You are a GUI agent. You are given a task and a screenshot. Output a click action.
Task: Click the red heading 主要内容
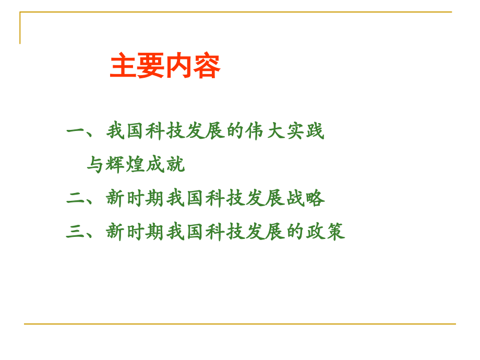[x=165, y=66]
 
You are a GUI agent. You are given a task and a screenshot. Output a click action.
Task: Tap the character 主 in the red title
[x=123, y=66]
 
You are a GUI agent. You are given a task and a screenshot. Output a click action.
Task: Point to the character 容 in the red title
[x=207, y=66]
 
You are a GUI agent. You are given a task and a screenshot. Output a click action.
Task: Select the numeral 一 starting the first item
[x=76, y=131]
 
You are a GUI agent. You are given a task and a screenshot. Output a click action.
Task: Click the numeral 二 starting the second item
[x=76, y=199]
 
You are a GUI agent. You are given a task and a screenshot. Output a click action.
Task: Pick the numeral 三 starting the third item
[x=76, y=232]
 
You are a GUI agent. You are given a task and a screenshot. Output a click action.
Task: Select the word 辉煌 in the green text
[x=125, y=165]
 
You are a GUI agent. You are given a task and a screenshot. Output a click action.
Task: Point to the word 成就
[x=165, y=165]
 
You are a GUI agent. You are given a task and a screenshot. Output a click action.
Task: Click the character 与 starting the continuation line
[x=96, y=165]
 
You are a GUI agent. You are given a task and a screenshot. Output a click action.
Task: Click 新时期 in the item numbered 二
[x=136, y=199]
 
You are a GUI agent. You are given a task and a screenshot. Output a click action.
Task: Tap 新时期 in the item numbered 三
[x=136, y=232]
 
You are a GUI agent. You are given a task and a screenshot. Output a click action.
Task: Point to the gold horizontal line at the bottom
[x=240, y=324]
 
